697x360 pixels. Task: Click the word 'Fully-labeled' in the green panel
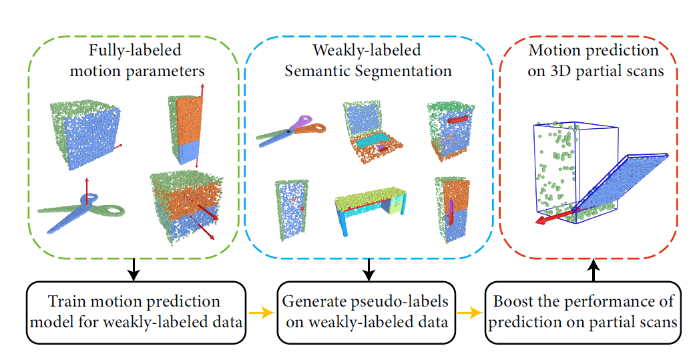[x=135, y=50]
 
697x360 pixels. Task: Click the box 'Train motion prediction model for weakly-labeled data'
[x=136, y=312]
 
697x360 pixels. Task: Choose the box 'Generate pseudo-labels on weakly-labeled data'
[x=367, y=312]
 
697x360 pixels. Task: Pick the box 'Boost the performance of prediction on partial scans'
[x=583, y=312]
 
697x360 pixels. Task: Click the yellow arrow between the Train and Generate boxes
[x=262, y=313]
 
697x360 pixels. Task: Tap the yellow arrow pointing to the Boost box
[x=470, y=313]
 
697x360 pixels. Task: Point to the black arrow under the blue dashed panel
[x=368, y=269]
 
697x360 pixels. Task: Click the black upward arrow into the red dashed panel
[x=594, y=271]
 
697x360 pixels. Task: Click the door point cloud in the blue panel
[x=288, y=210]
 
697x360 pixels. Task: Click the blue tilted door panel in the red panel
[x=622, y=186]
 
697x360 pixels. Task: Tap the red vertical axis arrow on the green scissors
[x=87, y=191]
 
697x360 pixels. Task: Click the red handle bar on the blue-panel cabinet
[x=458, y=120]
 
